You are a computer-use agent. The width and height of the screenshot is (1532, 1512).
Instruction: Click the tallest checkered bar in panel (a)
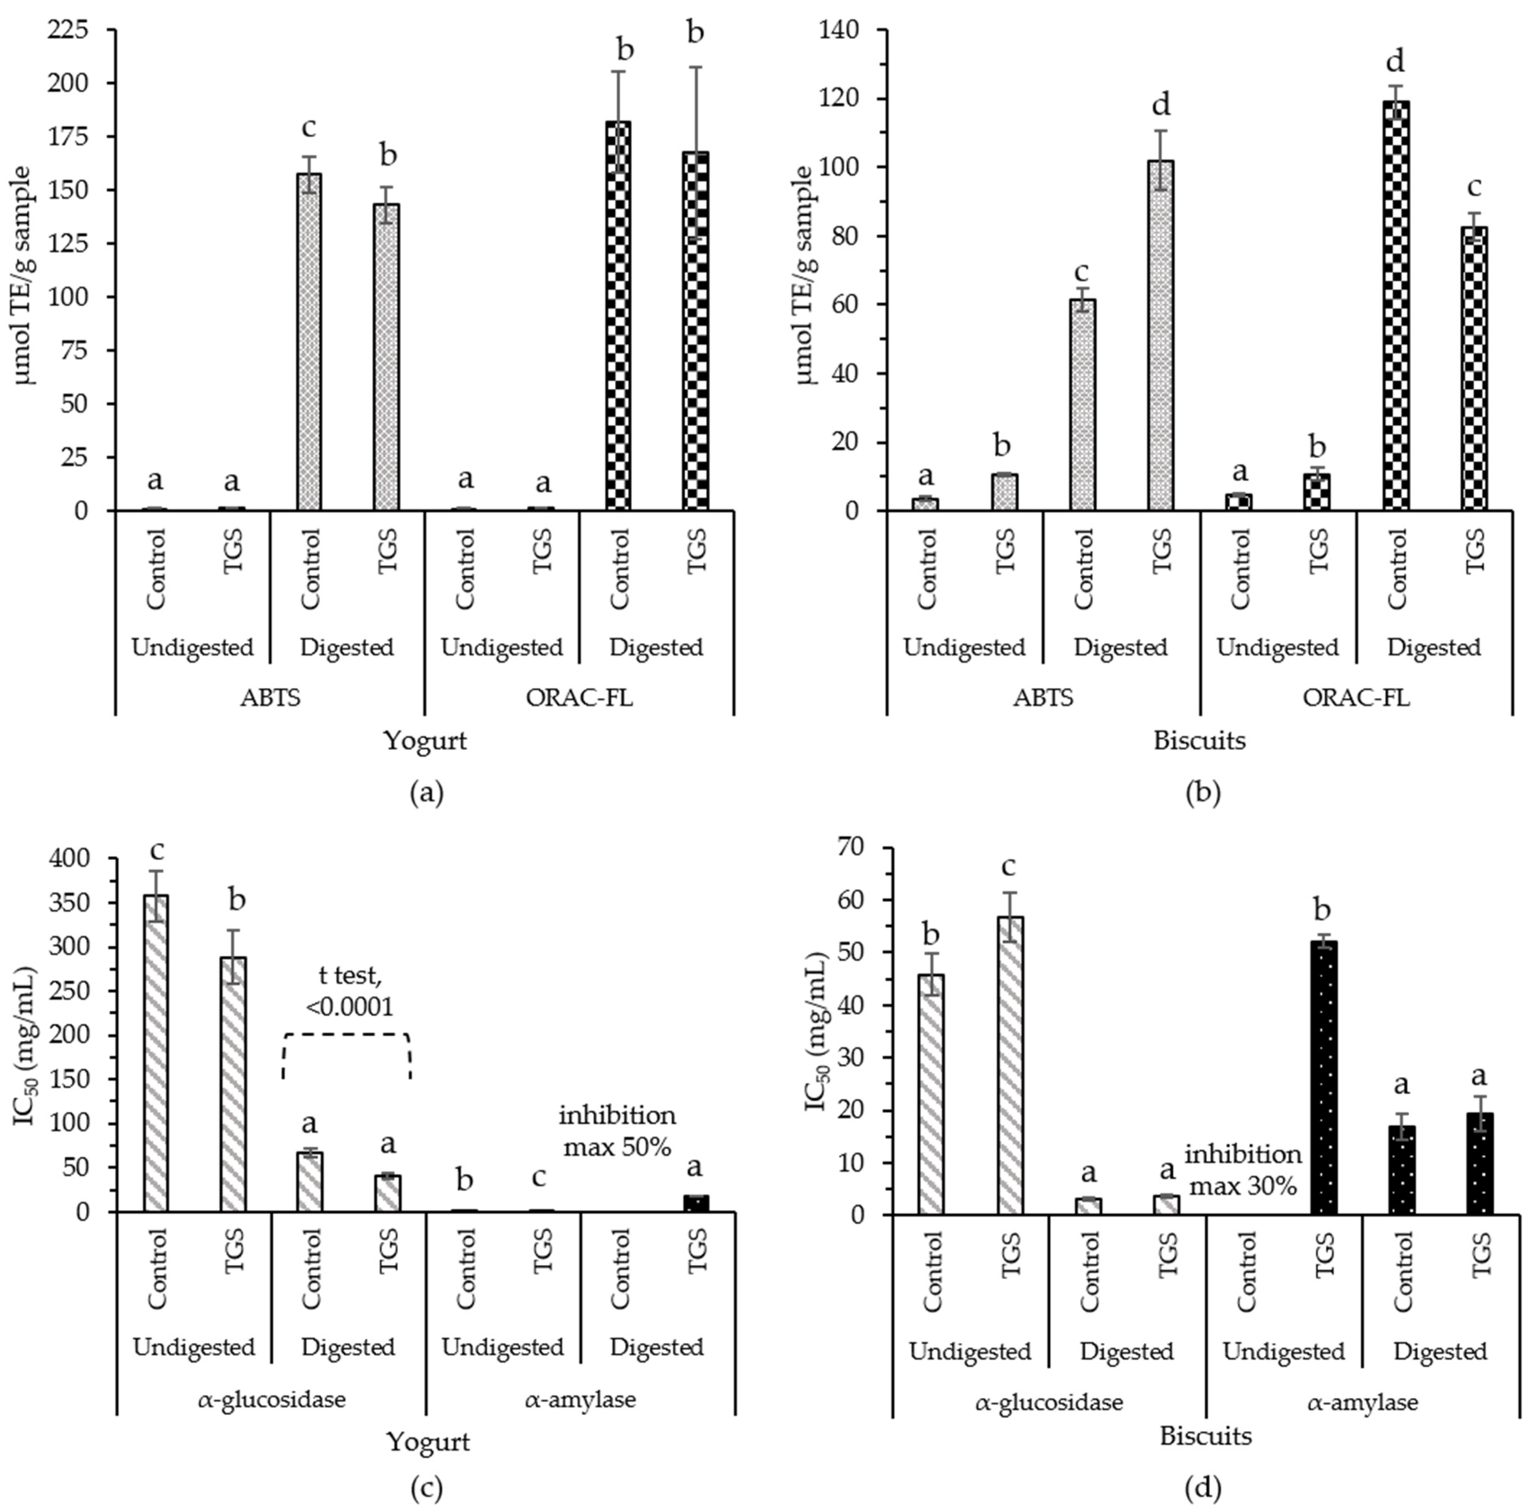point(618,317)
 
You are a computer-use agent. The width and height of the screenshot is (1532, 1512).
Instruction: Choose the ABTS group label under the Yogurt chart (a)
point(270,698)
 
